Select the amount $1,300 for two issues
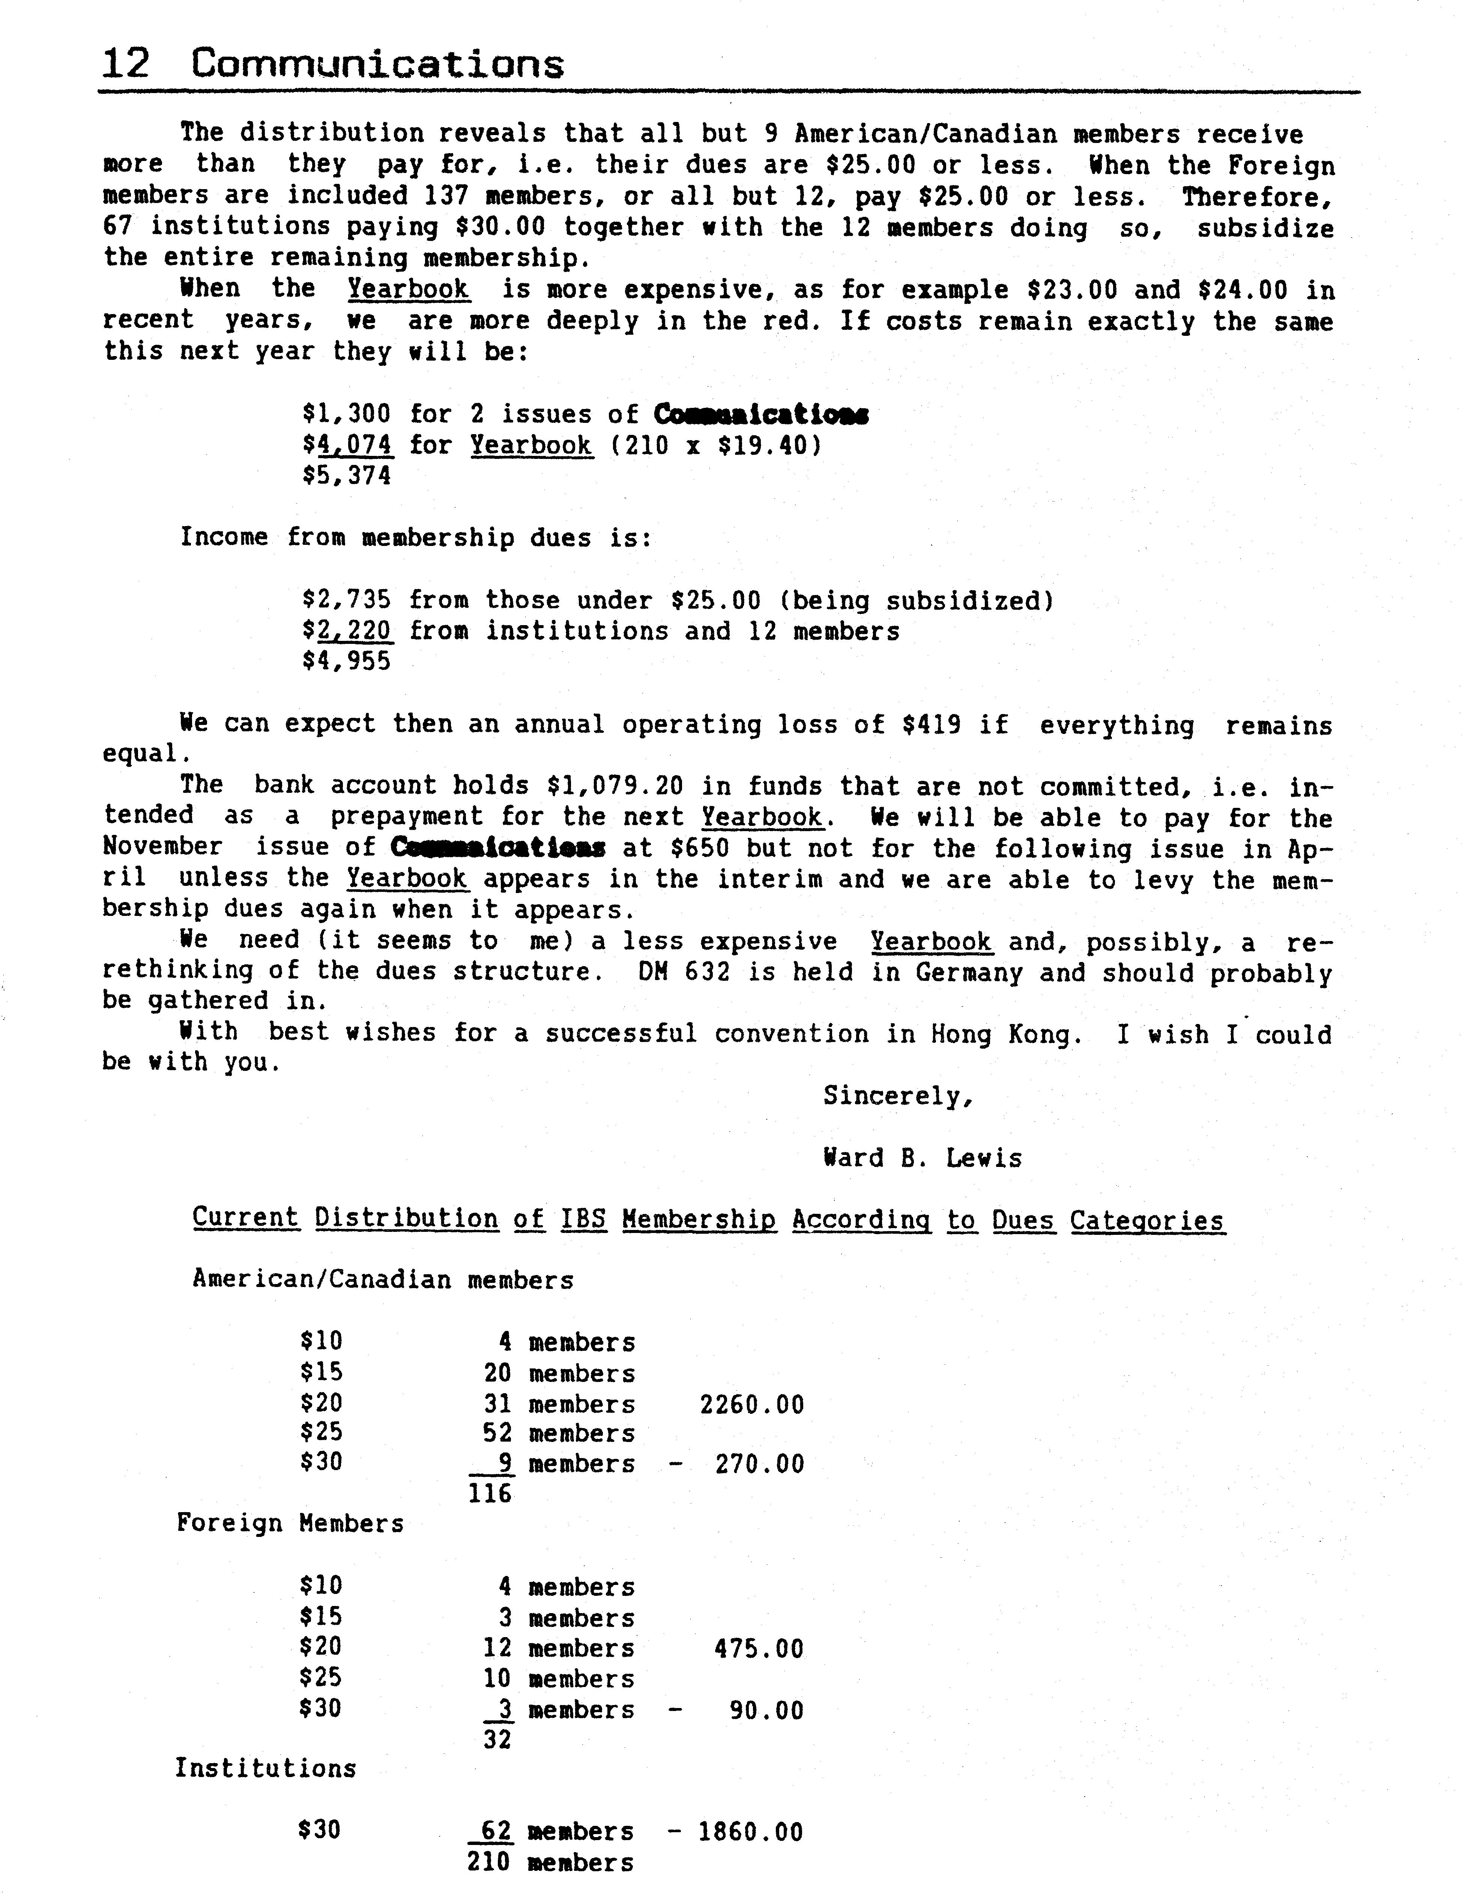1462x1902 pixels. tap(346, 414)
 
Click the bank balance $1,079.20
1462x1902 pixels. tap(617, 786)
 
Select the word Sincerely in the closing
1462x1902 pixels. tap(897, 1096)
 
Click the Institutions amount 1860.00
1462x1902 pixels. tap(750, 1831)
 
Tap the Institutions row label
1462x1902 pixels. tap(265, 1769)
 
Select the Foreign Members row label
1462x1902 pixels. tap(290, 1523)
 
